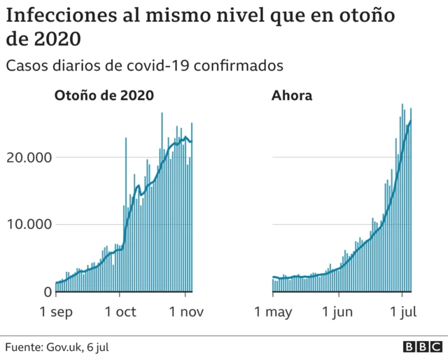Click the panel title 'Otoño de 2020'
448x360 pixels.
(104, 96)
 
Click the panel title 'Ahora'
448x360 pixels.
(292, 96)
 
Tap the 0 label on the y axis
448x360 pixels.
(48, 292)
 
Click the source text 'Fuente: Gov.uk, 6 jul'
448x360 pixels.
(57, 347)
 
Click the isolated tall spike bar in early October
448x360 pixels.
(126, 210)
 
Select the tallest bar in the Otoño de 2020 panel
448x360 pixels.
(162, 200)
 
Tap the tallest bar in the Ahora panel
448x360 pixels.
(402, 196)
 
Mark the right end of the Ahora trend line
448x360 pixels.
(411, 121)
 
